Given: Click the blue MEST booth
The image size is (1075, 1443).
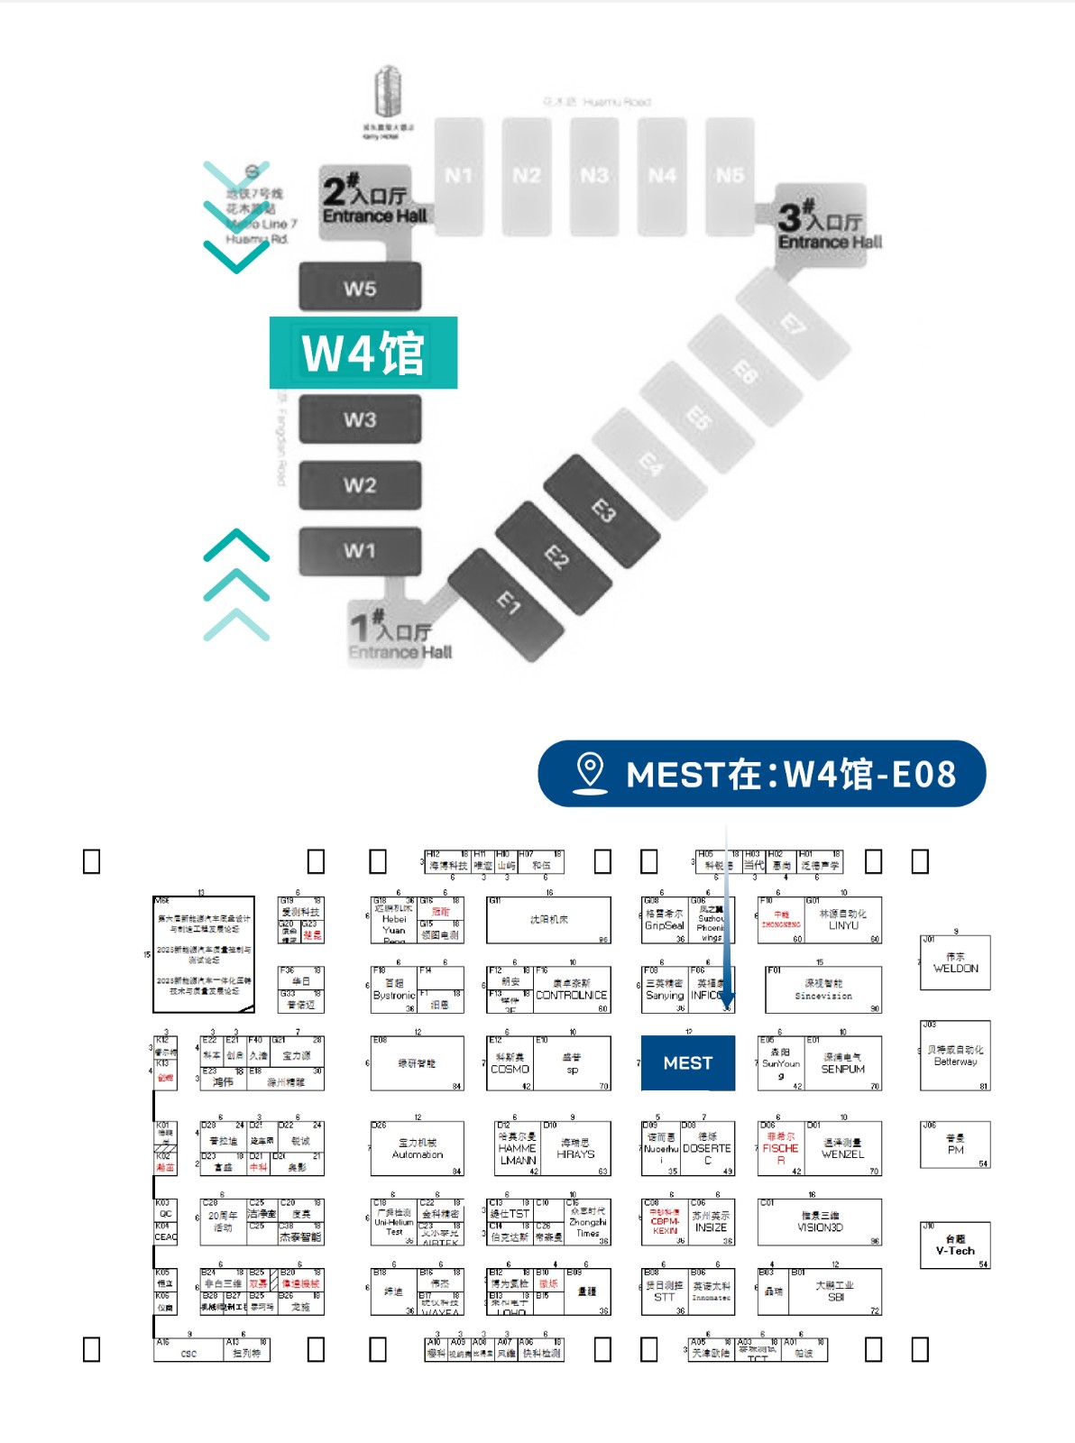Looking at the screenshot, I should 687,1063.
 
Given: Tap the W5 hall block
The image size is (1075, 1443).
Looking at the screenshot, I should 360,289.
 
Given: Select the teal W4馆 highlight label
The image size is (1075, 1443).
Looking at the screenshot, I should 363,353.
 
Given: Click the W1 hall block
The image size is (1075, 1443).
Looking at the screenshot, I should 360,550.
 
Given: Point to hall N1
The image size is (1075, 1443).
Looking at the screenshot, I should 458,175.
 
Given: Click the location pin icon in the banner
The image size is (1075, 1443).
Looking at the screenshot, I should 590,773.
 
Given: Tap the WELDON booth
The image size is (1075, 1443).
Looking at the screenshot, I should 955,963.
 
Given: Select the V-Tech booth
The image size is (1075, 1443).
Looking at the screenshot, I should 955,1245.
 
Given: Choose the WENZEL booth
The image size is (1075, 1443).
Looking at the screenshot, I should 842,1149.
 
